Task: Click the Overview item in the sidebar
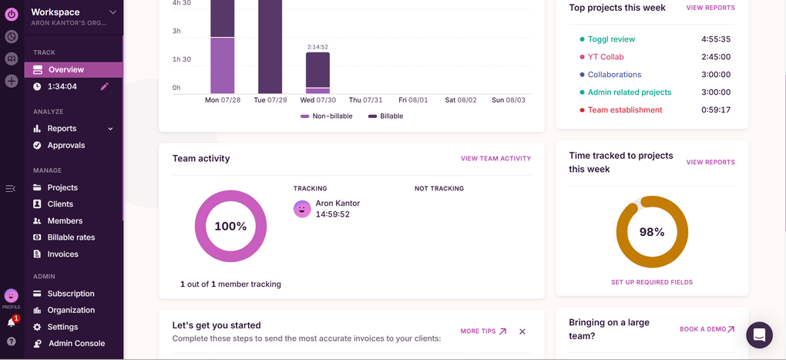pos(65,69)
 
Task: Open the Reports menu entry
pos(62,129)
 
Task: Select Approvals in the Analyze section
pos(65,145)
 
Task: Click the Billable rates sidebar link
pos(71,237)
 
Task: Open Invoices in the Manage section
pos(62,254)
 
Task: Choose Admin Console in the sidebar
pos(76,344)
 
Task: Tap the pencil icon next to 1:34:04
pos(105,86)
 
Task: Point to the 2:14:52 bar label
pos(317,47)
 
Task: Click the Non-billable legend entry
pos(328,116)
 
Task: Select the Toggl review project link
pos(611,39)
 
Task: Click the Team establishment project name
pos(624,110)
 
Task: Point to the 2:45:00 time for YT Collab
pos(715,57)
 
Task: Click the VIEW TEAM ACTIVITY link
pos(495,159)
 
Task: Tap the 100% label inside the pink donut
pos(230,227)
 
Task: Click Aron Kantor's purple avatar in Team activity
pos(302,209)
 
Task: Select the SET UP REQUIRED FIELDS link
pos(651,282)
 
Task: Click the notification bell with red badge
pos(12,323)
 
